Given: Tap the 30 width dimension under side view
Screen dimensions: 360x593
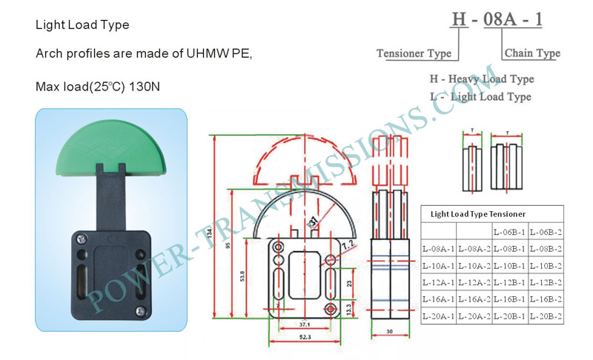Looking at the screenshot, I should click(x=389, y=332).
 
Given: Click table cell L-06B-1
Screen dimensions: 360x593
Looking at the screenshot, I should click(x=510, y=232).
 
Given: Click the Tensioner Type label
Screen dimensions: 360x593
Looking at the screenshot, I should click(x=413, y=53).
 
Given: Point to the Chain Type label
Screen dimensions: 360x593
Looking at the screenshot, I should click(x=532, y=53).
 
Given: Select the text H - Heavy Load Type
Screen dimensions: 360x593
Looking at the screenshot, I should click(x=482, y=79).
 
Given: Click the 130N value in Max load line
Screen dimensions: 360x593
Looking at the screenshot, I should click(x=145, y=87).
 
